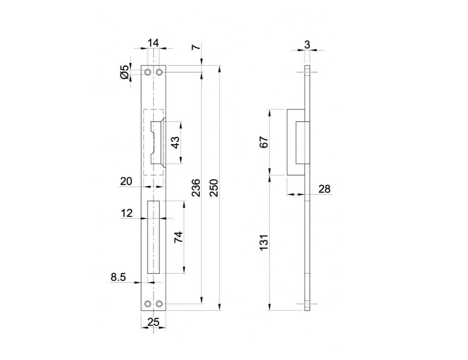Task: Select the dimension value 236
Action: pyautogui.click(x=196, y=188)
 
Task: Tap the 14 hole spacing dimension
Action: pyautogui.click(x=153, y=43)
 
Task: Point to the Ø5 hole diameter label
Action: pyautogui.click(x=125, y=72)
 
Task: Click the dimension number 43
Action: pyautogui.click(x=176, y=142)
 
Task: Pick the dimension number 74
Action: pyautogui.click(x=178, y=237)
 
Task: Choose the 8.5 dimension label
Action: pyautogui.click(x=118, y=277)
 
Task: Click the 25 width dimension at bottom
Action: pyautogui.click(x=153, y=322)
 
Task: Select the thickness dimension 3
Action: pyautogui.click(x=307, y=44)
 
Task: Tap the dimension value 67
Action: pyautogui.click(x=265, y=142)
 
